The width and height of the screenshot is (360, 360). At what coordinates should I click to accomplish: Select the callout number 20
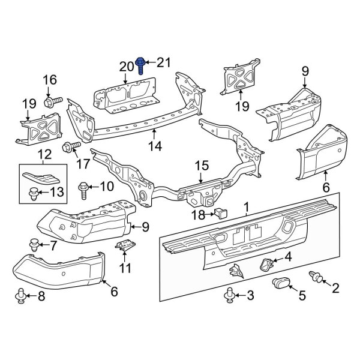127,66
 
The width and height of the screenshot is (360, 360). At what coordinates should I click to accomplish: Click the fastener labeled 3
229,295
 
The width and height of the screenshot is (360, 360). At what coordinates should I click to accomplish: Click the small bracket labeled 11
127,246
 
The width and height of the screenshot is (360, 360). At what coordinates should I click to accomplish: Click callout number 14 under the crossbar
155,145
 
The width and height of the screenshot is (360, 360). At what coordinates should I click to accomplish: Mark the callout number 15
201,166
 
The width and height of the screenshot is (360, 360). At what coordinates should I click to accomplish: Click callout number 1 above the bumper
245,208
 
